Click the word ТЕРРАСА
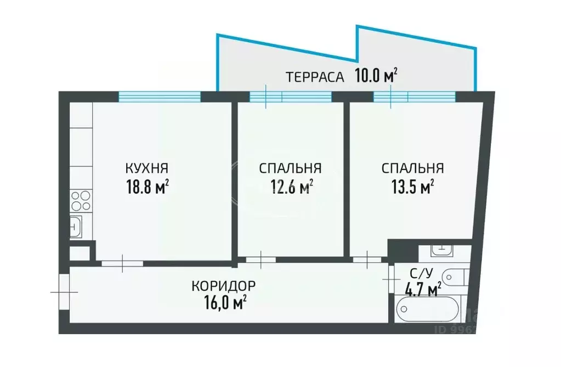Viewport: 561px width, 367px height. tap(315, 77)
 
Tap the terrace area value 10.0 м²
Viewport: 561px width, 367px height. tap(376, 76)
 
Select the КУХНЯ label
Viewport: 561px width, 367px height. tap(147, 168)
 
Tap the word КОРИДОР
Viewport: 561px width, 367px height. tap(224, 286)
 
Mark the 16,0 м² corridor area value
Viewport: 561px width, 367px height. tap(224, 303)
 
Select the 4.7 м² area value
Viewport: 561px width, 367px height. tap(423, 289)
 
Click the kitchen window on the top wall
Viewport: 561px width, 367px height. tap(160, 97)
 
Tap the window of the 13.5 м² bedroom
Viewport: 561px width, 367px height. tap(415, 97)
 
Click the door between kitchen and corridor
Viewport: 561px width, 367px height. tap(122, 263)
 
